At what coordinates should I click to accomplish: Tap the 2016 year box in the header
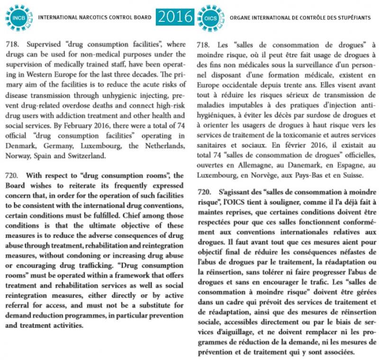click(175, 17)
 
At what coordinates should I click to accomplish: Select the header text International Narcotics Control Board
click(95, 18)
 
